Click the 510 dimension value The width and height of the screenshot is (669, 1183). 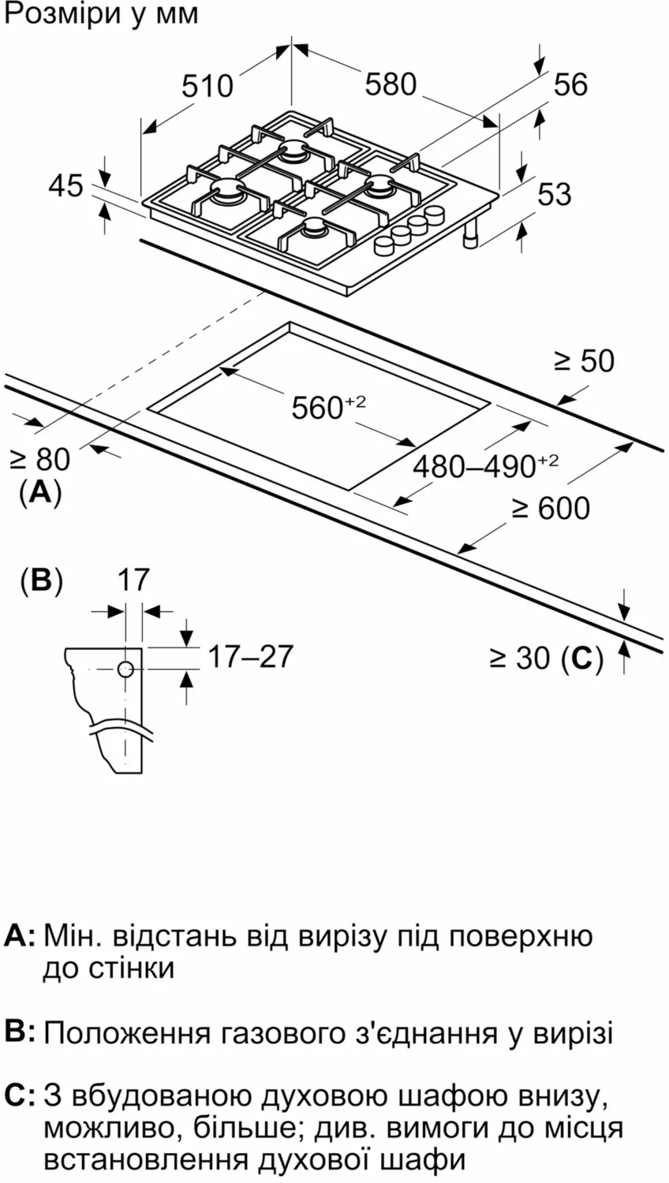tap(207, 85)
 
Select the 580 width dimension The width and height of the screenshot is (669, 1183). tap(390, 84)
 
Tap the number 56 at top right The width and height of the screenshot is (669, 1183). tap(570, 84)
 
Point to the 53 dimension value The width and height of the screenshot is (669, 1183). tap(554, 194)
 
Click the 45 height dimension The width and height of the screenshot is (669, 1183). tap(65, 186)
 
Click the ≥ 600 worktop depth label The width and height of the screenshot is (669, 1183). tap(550, 508)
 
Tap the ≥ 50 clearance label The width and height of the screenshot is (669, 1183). tap(583, 360)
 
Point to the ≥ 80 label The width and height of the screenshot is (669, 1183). tap(39, 459)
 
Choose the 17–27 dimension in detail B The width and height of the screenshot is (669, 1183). tap(250, 655)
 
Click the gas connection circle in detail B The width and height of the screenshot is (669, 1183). tap(126, 670)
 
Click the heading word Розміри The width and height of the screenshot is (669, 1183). tap(58, 13)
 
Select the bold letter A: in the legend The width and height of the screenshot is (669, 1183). tap(21, 936)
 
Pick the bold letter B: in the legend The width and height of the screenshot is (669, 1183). tap(21, 1032)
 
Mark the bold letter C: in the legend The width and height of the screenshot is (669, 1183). tap(21, 1096)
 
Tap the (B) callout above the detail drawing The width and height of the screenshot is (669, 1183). tap(41, 580)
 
